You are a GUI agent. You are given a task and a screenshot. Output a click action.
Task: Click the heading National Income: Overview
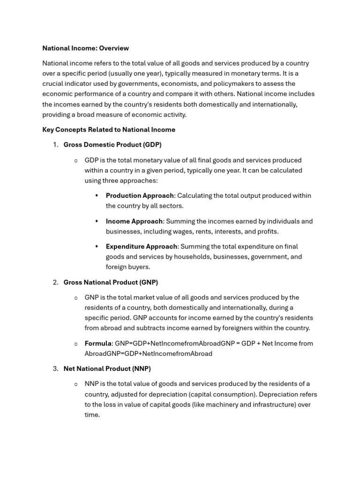[x=85, y=48]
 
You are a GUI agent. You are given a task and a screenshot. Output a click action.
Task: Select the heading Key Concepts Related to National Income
[x=109, y=130]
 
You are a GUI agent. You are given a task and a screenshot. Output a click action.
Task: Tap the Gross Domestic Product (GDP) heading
[x=112, y=145]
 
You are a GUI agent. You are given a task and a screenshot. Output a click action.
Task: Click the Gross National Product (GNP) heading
[x=111, y=282]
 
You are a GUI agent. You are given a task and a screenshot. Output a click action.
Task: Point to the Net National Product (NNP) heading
[x=107, y=369]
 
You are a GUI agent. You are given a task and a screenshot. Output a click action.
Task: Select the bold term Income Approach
[x=134, y=221]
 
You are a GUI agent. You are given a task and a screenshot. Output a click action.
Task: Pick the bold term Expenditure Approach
[x=141, y=247]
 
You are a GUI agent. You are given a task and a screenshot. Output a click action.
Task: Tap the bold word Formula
[x=98, y=344]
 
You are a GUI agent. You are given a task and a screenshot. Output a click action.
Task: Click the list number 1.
[x=55, y=145]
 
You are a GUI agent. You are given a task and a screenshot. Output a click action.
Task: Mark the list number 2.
[x=55, y=282]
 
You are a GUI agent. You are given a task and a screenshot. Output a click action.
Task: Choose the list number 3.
[x=55, y=369]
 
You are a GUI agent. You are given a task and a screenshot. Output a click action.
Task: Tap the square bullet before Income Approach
[x=97, y=221]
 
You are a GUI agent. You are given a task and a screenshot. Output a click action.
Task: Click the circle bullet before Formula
[x=75, y=344]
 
